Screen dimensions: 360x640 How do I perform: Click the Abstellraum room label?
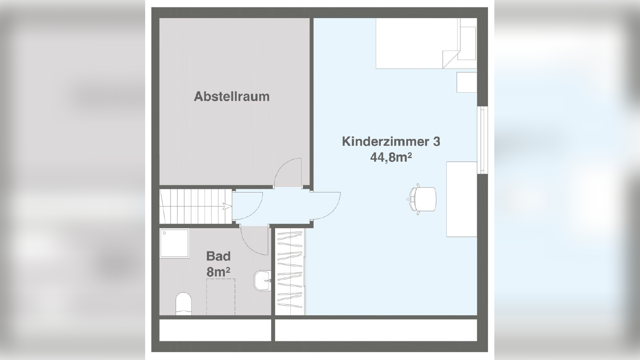pyautogui.click(x=231, y=96)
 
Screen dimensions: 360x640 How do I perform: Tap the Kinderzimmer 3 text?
pyautogui.click(x=391, y=142)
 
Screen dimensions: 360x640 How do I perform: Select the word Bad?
pyautogui.click(x=218, y=256)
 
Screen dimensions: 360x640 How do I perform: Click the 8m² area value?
pyautogui.click(x=218, y=271)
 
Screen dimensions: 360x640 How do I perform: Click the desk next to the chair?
pyautogui.click(x=461, y=199)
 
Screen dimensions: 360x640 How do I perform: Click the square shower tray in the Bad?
pyautogui.click(x=174, y=243)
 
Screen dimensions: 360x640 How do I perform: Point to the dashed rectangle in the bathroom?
pyautogui.click(x=221, y=297)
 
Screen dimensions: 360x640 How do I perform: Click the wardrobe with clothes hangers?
pyautogui.click(x=290, y=272)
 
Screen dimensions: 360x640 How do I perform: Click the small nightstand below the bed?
pyautogui.click(x=466, y=82)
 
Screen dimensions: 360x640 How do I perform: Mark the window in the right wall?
pyautogui.click(x=482, y=140)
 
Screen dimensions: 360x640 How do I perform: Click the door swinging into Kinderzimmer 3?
pyautogui.click(x=326, y=206)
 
